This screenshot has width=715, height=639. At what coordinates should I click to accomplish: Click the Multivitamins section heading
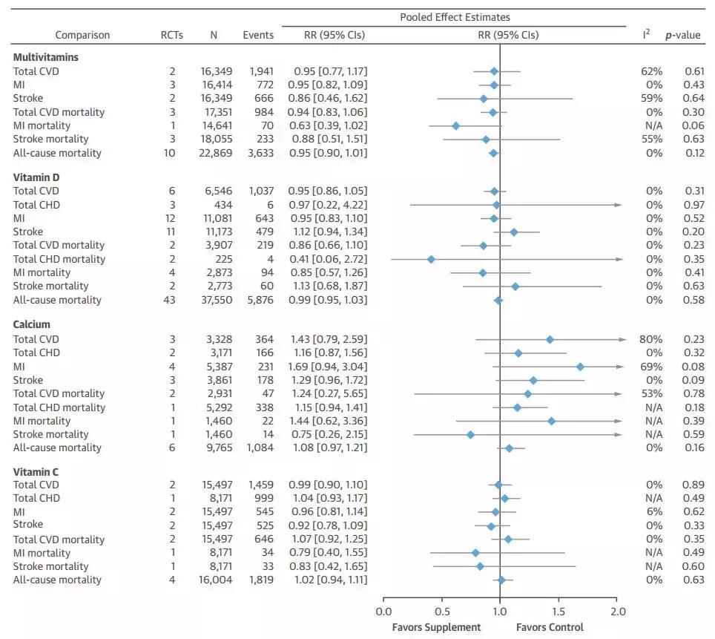(46, 56)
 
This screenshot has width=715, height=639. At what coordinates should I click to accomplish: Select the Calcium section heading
(32, 324)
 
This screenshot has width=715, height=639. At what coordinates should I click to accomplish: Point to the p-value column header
(683, 35)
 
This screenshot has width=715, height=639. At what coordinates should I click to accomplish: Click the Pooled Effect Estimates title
(455, 17)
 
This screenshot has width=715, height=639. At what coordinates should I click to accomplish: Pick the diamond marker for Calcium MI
(580, 367)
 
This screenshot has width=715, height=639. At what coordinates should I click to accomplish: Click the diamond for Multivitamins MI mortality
(455, 125)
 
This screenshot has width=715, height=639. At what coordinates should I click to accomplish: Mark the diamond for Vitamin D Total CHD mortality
(431, 259)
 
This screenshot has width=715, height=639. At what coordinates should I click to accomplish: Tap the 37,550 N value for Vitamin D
(216, 300)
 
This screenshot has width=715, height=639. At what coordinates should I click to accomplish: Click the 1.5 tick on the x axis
(559, 612)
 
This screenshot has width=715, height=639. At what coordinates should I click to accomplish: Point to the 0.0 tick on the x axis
(383, 612)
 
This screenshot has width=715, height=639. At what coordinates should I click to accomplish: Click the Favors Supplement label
(436, 627)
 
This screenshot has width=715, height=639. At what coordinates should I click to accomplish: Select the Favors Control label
(550, 627)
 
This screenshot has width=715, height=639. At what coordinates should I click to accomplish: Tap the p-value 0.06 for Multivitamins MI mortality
(694, 125)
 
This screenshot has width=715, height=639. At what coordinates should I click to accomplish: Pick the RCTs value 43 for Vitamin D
(172, 300)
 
